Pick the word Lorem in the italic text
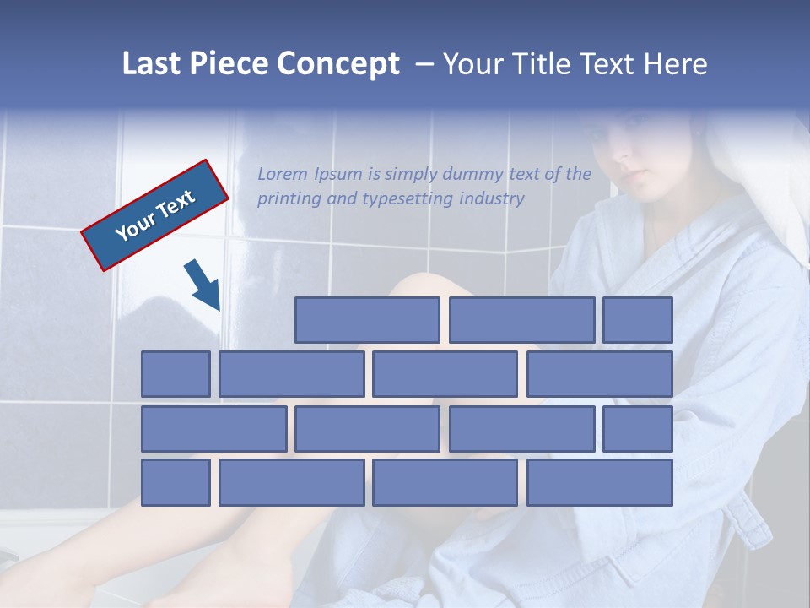click(283, 175)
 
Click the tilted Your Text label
click(155, 214)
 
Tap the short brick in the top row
click(637, 319)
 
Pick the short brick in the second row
click(175, 373)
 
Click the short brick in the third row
click(637, 428)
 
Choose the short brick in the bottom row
click(175, 482)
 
